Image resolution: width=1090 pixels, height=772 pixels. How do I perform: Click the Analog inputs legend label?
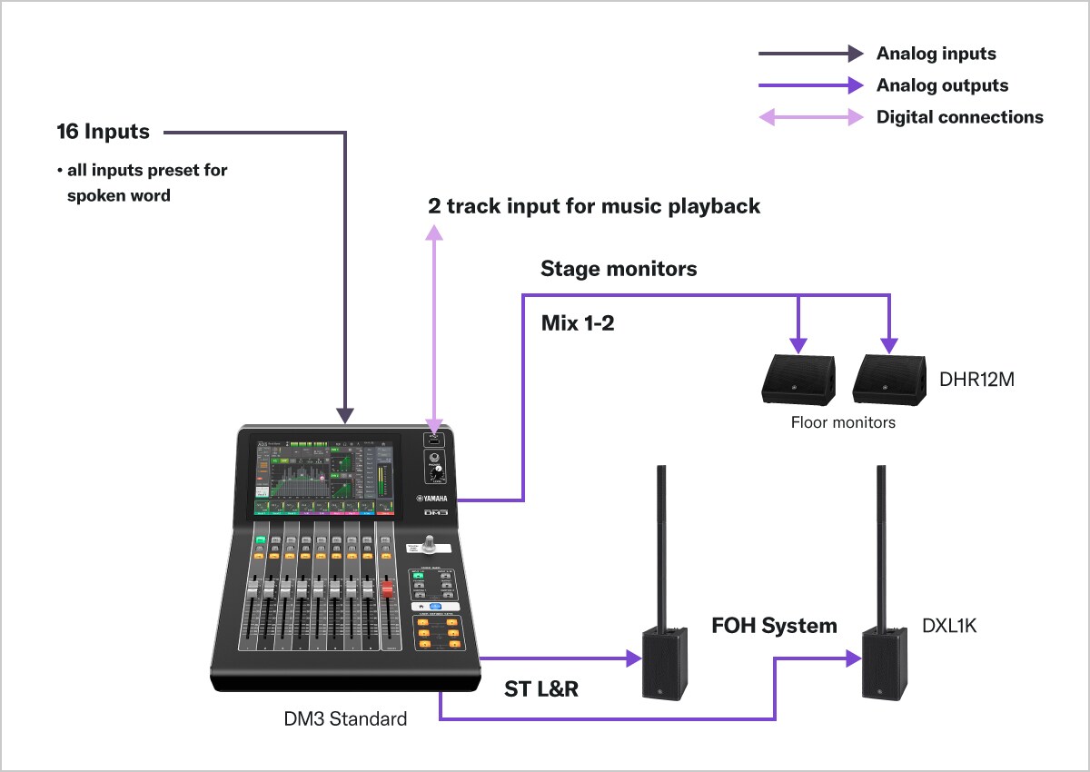coord(936,54)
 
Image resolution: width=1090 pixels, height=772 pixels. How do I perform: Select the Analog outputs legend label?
coord(942,85)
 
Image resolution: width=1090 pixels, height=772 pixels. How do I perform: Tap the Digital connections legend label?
coord(959,117)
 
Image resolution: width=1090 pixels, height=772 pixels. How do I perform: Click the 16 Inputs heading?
coord(103,132)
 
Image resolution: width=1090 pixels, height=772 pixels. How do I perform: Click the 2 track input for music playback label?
coord(594,206)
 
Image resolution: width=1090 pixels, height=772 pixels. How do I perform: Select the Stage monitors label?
coord(619,269)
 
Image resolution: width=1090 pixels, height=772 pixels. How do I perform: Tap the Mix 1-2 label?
coord(578,322)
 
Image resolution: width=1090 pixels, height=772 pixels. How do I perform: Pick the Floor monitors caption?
coord(843,422)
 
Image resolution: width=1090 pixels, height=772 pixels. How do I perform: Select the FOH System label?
coord(774,626)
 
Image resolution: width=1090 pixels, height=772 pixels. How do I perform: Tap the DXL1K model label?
coord(949,626)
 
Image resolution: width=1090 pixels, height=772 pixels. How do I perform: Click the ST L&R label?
coord(541,689)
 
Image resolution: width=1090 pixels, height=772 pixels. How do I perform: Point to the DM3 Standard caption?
coord(345,719)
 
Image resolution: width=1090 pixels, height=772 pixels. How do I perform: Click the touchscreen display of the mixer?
coord(322,477)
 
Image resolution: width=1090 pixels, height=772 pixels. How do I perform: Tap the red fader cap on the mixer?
coord(387,590)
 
